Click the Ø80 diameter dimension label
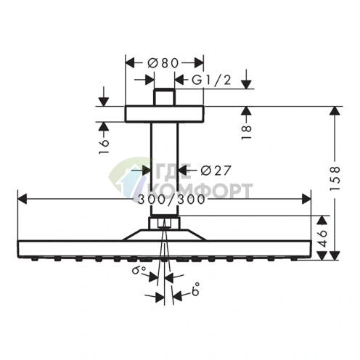point(163,63)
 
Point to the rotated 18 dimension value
point(247,130)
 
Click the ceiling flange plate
point(163,113)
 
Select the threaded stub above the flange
point(163,97)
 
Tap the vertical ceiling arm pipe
point(163,167)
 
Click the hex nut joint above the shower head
point(163,222)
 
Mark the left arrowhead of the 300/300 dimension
point(20,197)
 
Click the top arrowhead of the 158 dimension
point(335,110)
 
